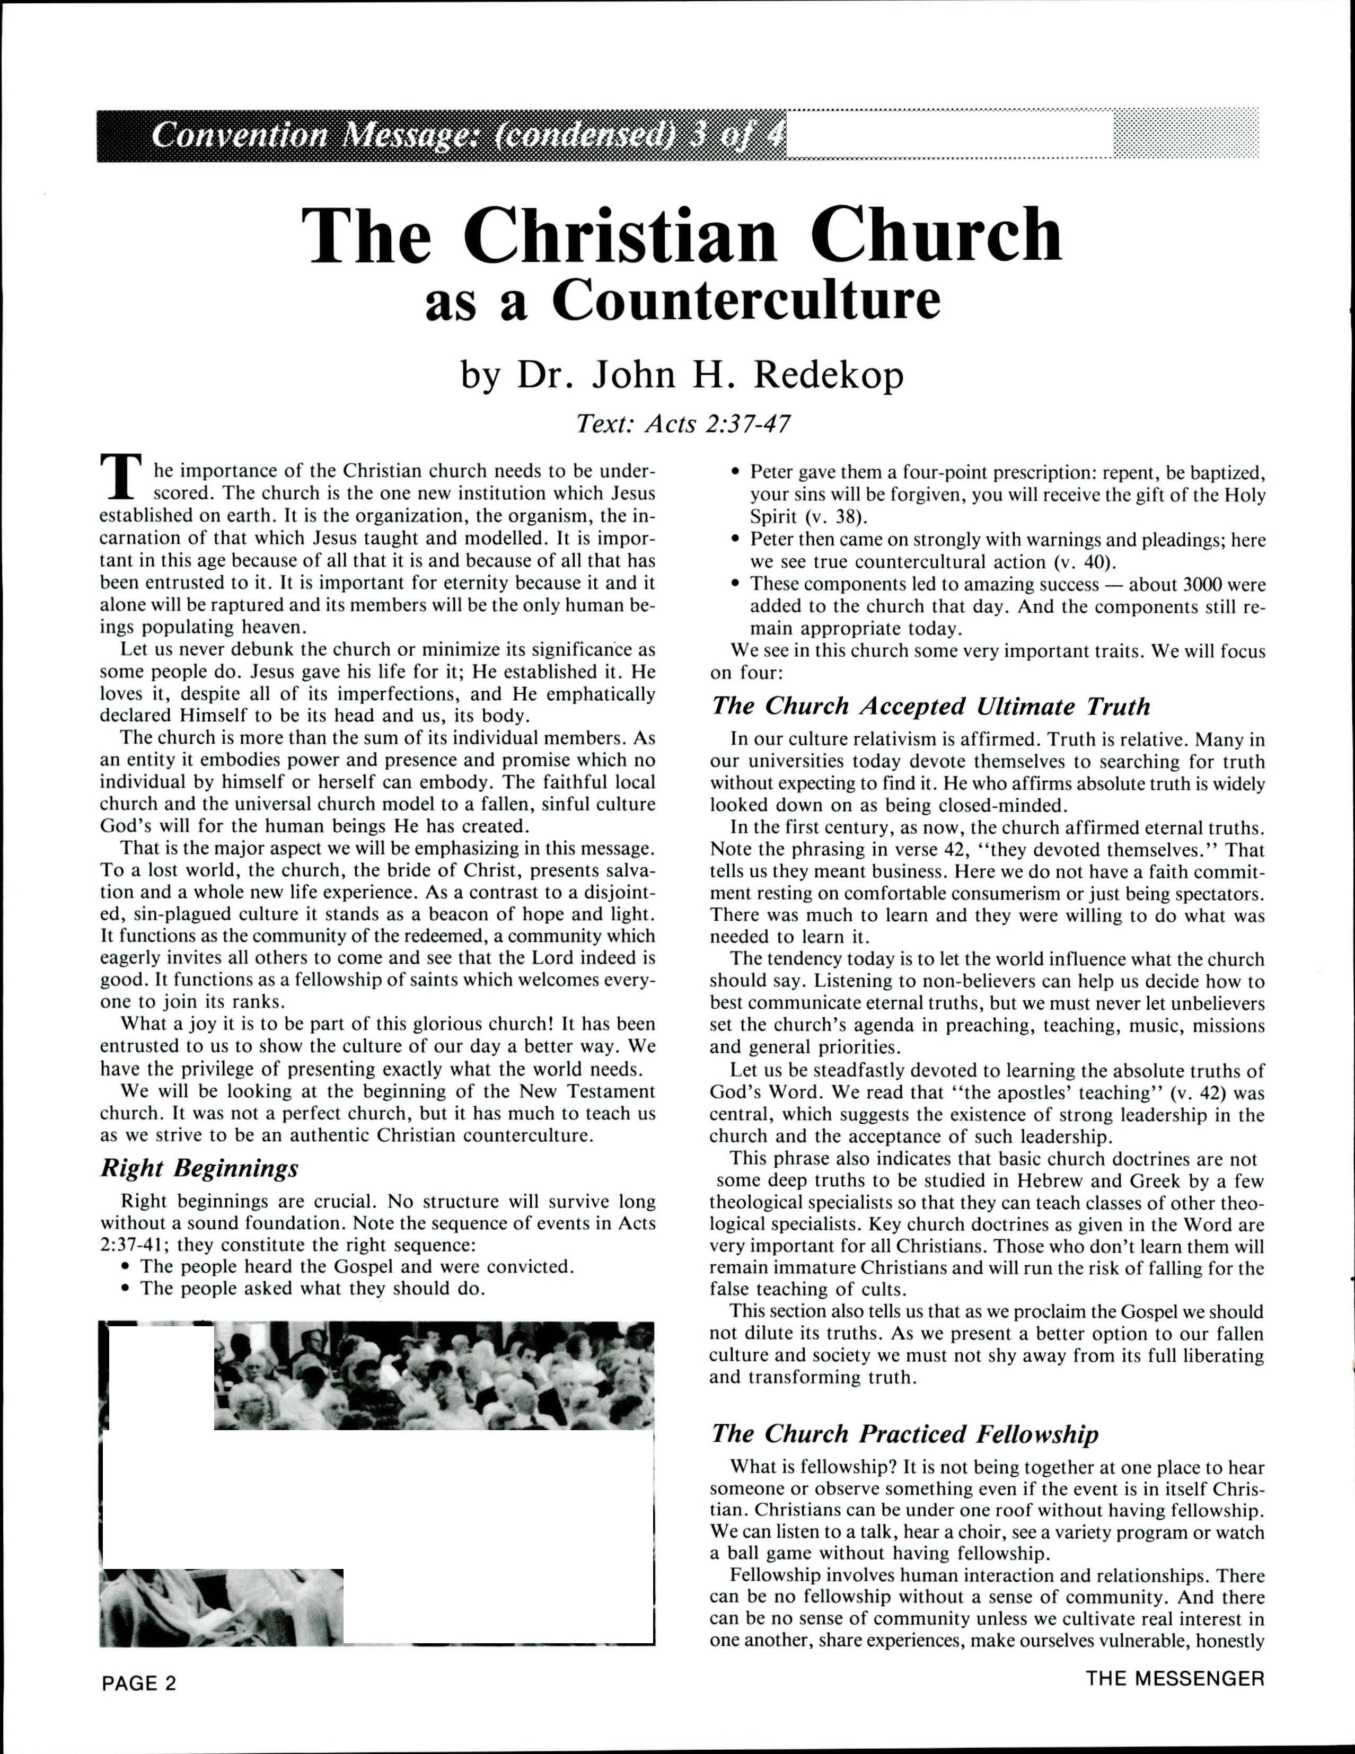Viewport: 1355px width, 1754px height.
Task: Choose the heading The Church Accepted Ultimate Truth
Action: (931, 706)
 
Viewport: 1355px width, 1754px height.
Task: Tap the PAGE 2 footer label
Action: (138, 1706)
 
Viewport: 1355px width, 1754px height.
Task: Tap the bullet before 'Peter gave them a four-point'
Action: (735, 472)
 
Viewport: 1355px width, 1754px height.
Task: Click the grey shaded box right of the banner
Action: (1185, 134)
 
